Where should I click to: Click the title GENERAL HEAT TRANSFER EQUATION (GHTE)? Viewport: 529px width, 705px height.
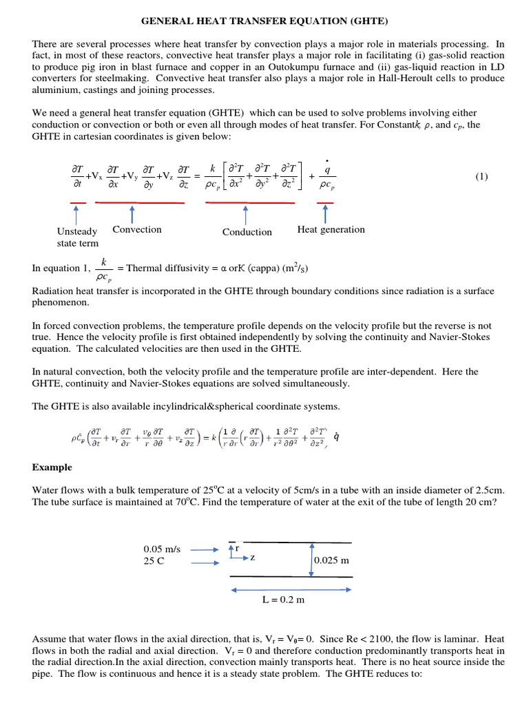coord(264,21)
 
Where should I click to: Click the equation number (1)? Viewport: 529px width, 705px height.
coord(481,176)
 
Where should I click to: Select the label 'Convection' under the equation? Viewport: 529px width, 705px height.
coord(137,230)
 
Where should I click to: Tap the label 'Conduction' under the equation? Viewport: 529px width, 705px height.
coord(247,233)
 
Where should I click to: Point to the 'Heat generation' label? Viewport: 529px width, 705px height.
coord(331,230)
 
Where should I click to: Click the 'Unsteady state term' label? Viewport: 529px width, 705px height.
coord(77,237)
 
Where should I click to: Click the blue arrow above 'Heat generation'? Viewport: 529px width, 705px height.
coord(324,213)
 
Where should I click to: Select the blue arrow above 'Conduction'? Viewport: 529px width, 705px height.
coord(246,214)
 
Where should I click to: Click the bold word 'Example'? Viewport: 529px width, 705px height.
coord(52,467)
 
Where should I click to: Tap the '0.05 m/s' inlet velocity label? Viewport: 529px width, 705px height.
coord(162,549)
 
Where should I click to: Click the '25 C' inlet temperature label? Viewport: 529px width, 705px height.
coord(155,561)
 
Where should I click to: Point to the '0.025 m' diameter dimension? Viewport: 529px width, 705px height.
coord(331,560)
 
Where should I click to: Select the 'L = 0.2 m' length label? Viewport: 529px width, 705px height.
coord(283,600)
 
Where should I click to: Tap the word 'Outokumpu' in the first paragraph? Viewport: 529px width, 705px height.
coord(384,66)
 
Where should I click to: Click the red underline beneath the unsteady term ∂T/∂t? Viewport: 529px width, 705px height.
coord(77,202)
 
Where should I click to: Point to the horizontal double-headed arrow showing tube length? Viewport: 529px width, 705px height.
coord(283,589)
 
